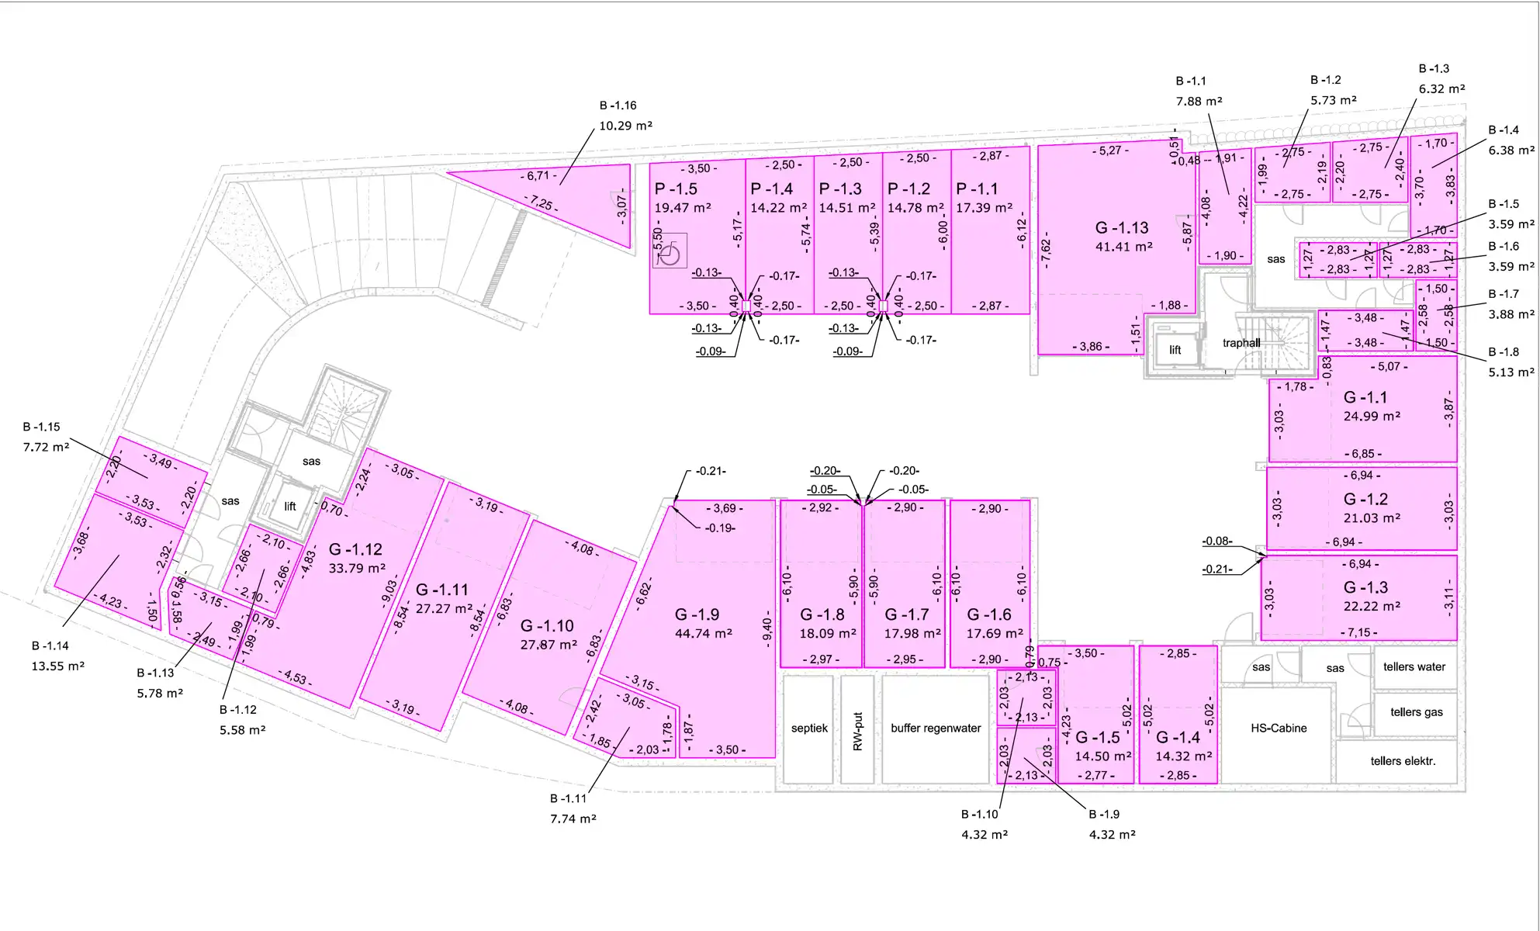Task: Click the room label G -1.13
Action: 1121,228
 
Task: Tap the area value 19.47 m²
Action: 683,208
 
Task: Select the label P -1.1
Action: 977,189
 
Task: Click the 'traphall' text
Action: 1241,343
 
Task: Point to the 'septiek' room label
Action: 809,729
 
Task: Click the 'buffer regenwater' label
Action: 936,729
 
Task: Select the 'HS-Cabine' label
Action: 1279,729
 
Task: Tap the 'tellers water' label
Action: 1414,666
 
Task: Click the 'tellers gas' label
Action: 1417,712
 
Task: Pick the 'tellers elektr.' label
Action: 1403,761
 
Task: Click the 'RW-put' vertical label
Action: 857,731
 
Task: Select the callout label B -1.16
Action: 618,106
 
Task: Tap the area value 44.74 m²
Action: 704,633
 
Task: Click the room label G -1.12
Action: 355,549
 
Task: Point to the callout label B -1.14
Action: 50,645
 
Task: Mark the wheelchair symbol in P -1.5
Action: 669,251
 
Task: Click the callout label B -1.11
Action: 569,798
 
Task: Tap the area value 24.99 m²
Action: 1372,416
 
